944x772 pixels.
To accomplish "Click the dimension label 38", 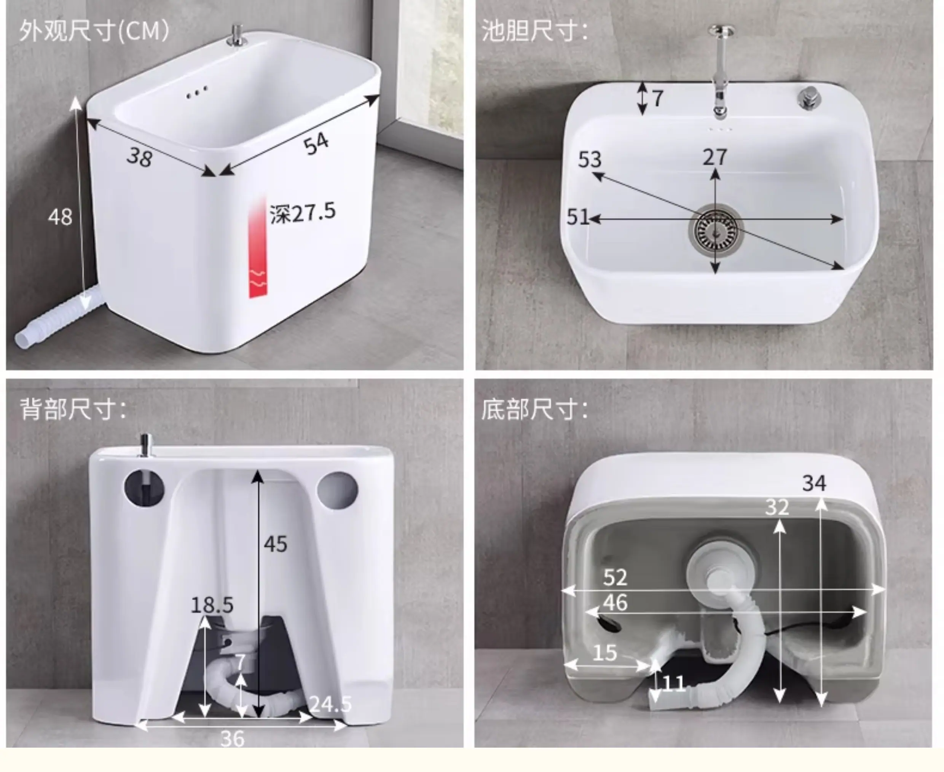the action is point(140,157).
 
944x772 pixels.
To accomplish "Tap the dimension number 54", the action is point(316,144).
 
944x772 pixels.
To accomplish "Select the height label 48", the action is point(60,217).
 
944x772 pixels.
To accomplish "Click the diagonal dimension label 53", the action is point(590,160).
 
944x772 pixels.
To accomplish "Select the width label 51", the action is point(577,217).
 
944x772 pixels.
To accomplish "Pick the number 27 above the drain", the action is point(714,157).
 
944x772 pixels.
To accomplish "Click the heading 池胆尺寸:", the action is point(534,31).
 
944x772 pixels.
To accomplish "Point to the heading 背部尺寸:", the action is point(73,409).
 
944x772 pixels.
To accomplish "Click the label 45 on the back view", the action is point(275,544).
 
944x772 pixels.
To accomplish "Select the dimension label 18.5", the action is point(212,605).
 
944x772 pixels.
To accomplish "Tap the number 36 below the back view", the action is point(233,739).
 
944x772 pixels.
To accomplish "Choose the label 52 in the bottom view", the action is point(615,577).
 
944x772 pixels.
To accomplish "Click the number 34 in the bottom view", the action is point(814,483).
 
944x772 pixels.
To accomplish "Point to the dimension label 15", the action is point(605,653).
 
